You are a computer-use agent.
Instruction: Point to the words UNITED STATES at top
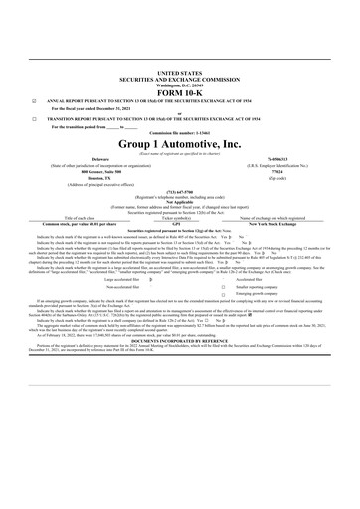click(x=179, y=74)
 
